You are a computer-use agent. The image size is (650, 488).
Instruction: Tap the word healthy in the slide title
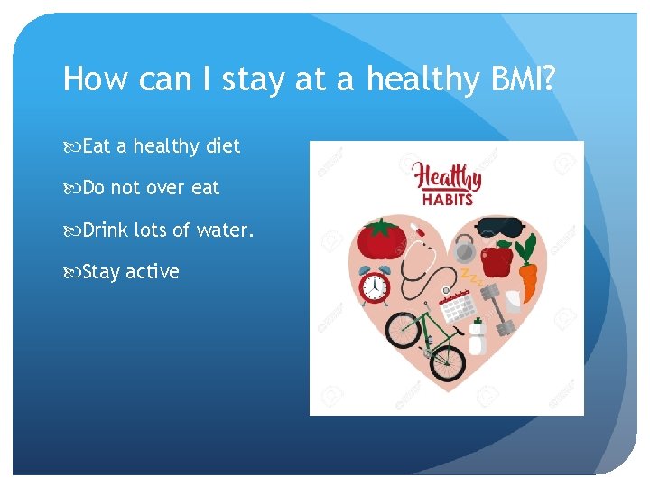click(x=418, y=80)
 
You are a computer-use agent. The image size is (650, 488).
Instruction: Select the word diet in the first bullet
click(x=223, y=146)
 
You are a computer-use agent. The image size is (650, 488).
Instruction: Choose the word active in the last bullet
click(x=153, y=271)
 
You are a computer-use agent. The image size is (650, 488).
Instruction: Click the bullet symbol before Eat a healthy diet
click(x=71, y=146)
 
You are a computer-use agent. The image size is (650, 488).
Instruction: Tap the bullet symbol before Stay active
click(x=71, y=271)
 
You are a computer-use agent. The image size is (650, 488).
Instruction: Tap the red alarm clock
click(x=374, y=286)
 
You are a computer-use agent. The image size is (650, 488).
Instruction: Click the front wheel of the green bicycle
click(x=445, y=361)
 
